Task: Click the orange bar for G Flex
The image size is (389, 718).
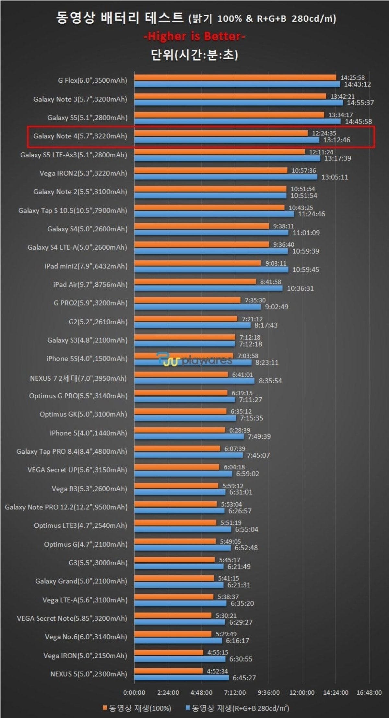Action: click(235, 78)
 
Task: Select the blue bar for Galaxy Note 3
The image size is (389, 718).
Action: click(238, 103)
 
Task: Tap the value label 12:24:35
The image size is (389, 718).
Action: click(324, 133)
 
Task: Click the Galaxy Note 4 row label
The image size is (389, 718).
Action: click(80, 136)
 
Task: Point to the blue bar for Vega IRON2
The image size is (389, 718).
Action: click(226, 177)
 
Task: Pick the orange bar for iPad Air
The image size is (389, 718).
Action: click(195, 281)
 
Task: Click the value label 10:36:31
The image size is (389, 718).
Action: click(300, 288)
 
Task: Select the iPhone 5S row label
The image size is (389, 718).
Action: click(87, 359)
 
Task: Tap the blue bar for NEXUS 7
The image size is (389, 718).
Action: click(194, 381)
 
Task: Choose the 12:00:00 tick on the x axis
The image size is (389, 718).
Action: click(302, 693)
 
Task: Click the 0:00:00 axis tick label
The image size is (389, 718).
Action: click(134, 693)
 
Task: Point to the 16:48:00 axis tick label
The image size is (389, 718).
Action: click(369, 693)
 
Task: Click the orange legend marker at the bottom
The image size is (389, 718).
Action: click(105, 708)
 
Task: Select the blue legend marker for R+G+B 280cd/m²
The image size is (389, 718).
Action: click(187, 708)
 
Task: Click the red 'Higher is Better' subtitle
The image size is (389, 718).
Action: click(194, 36)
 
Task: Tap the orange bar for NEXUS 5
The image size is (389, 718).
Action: click(168, 671)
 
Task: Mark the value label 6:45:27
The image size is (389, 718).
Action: click(244, 678)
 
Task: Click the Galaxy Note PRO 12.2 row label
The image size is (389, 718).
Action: click(66, 507)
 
